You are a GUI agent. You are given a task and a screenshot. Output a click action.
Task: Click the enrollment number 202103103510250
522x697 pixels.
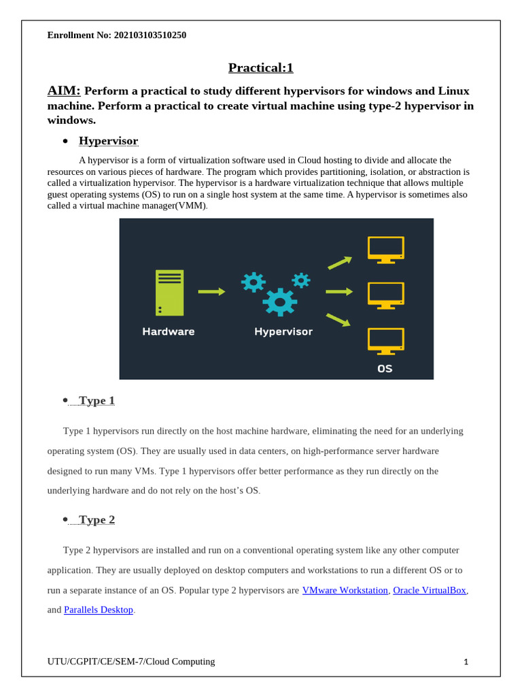[x=150, y=35]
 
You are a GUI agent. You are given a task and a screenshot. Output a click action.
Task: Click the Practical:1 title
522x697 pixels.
[x=260, y=67]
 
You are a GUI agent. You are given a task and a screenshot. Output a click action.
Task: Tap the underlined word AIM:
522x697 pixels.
[x=64, y=91]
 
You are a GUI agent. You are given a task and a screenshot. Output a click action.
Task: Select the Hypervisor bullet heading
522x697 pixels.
[x=108, y=141]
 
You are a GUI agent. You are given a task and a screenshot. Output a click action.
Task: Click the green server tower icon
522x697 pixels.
[x=169, y=293]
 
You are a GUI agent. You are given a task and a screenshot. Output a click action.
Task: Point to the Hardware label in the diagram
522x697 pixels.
[x=169, y=331]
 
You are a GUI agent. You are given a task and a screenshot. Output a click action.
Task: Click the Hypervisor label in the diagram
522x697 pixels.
[x=283, y=331]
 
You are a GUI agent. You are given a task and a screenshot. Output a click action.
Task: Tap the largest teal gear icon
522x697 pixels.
[x=279, y=302]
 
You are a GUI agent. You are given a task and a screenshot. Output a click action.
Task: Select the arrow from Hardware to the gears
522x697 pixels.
[x=211, y=291]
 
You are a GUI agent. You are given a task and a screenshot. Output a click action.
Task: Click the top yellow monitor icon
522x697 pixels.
[x=386, y=249]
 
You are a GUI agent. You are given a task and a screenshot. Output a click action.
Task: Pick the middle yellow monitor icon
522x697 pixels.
[x=386, y=295]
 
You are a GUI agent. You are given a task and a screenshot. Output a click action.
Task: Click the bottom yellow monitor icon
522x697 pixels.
[x=386, y=340]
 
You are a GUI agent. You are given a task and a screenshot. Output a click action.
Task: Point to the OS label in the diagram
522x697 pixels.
[x=385, y=368]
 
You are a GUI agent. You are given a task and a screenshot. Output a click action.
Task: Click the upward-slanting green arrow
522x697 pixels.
[x=340, y=263]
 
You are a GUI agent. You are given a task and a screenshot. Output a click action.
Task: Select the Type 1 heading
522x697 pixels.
[x=97, y=400]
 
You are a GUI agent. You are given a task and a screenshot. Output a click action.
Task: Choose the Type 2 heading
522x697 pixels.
[x=97, y=519]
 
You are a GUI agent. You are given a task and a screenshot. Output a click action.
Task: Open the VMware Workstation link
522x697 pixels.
[x=345, y=590]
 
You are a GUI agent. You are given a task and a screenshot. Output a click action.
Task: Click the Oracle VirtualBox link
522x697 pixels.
[x=430, y=590]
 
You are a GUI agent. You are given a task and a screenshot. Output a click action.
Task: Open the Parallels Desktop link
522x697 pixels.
[x=99, y=610]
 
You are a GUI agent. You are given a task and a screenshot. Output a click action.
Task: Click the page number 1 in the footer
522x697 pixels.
[x=466, y=662]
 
